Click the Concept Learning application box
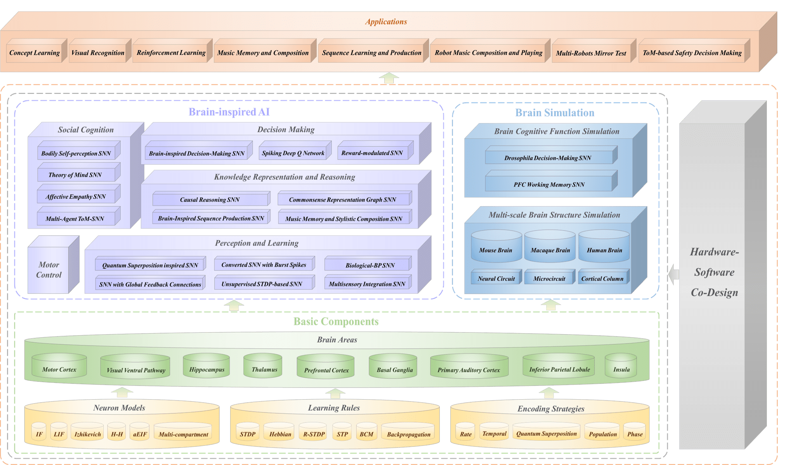point(35,53)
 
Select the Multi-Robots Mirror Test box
point(591,53)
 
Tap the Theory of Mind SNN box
point(75,175)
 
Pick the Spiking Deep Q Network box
point(293,153)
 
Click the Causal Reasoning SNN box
point(209,200)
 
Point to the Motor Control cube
point(49,270)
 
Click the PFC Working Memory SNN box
point(549,184)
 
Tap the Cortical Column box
point(602,279)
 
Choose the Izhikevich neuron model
point(88,434)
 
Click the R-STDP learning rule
point(314,434)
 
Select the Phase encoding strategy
point(635,434)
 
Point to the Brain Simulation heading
point(555,113)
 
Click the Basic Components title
point(336,322)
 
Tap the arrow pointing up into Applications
point(388,78)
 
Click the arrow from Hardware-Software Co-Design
point(674,274)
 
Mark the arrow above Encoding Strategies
point(549,392)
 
